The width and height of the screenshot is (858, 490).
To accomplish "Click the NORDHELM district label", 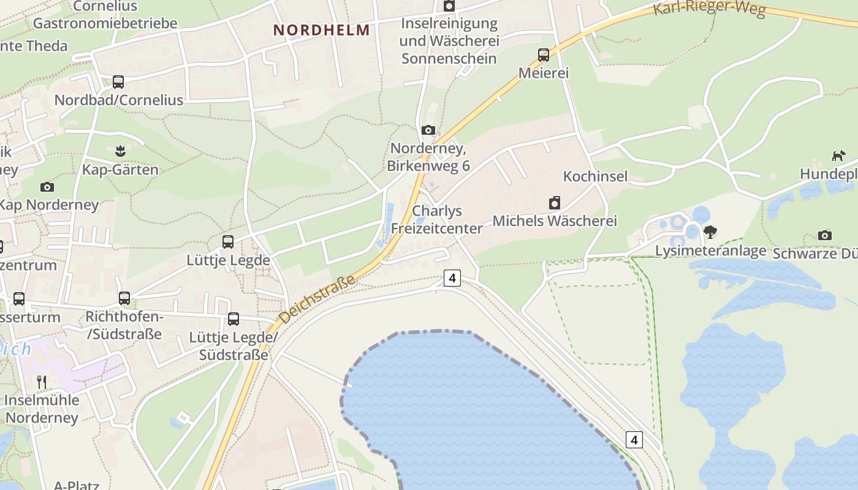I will click(x=322, y=30).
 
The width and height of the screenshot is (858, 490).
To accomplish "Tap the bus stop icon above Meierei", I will click(x=544, y=55).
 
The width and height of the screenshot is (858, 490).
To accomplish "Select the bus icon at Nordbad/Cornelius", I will click(x=118, y=81).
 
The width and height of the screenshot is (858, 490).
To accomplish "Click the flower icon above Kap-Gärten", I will click(x=120, y=151).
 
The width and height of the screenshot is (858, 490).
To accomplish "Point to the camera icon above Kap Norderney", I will click(x=47, y=187).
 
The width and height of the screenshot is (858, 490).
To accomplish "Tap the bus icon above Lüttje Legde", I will click(x=228, y=242).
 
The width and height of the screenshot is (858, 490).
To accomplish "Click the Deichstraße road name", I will click(x=317, y=299).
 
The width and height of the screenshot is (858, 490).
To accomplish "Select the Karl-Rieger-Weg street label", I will click(x=709, y=9).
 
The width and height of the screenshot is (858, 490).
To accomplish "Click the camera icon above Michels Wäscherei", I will click(x=555, y=203).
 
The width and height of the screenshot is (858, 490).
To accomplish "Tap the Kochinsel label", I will click(x=595, y=176).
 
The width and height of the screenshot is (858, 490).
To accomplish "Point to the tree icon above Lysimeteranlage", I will click(x=710, y=232).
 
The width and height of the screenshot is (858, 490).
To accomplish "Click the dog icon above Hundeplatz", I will click(x=838, y=156).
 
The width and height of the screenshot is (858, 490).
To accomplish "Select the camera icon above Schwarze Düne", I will click(x=825, y=235).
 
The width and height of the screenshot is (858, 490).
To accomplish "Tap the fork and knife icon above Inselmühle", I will click(x=42, y=382).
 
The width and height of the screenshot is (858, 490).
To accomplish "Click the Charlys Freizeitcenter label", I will click(x=437, y=219).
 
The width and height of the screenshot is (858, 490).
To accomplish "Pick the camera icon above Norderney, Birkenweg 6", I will click(x=428, y=130).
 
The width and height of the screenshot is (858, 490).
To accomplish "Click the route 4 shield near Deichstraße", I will click(x=452, y=278).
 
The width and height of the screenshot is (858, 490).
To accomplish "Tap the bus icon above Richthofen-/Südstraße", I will click(x=124, y=298).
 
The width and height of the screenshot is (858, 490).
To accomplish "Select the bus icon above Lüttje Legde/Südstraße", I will click(x=233, y=319).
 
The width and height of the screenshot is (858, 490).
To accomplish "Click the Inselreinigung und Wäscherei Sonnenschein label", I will click(x=449, y=41).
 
